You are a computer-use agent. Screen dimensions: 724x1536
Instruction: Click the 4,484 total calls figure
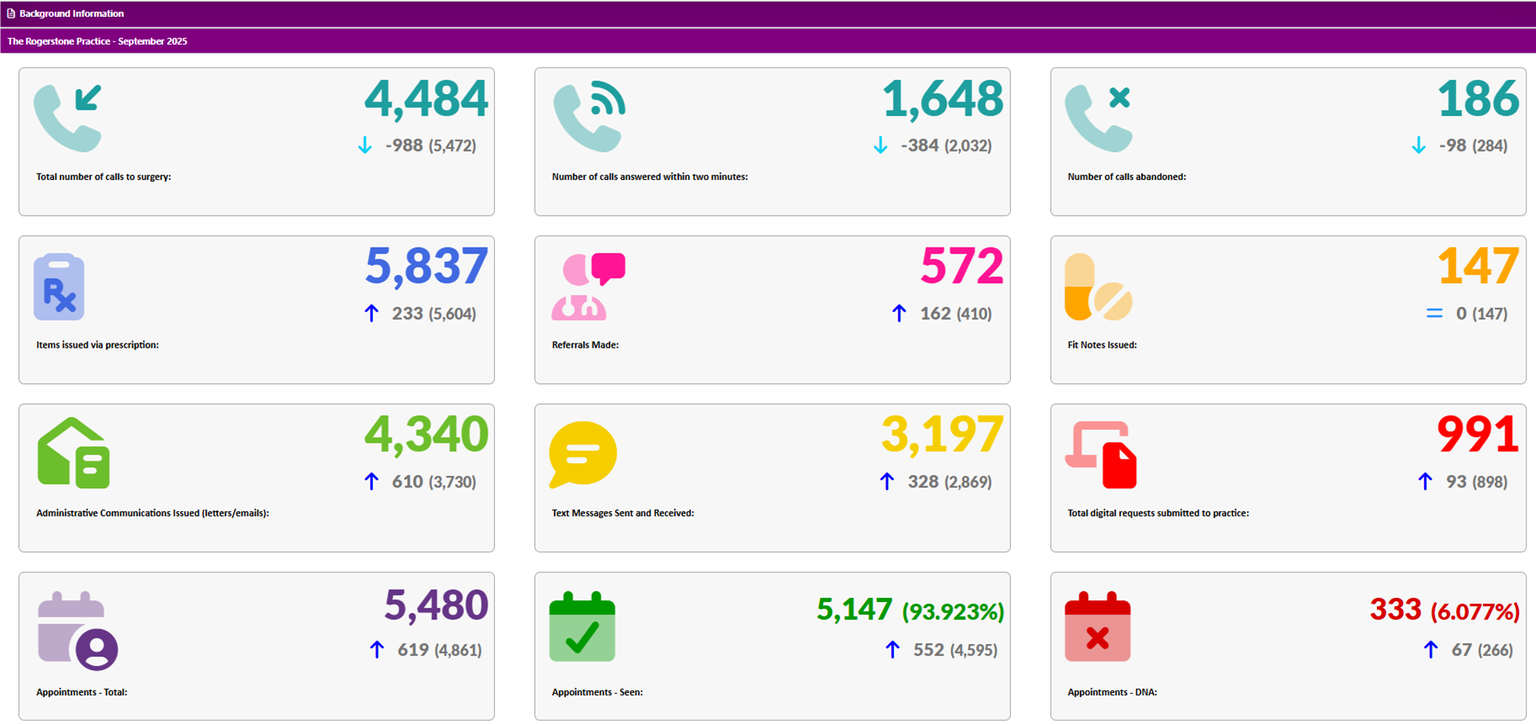(426, 99)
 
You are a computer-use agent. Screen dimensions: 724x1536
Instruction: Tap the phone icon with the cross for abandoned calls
(1098, 118)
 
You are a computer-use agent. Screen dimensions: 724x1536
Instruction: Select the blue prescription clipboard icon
(59, 287)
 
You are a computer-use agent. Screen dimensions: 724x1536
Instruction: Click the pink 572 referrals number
(961, 267)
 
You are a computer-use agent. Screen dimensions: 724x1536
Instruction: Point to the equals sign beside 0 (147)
(1434, 313)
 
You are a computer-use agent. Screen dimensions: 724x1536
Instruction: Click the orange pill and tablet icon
(1098, 287)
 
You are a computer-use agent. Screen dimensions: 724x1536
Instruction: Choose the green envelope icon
(73, 454)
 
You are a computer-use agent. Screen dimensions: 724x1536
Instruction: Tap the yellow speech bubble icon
(582, 454)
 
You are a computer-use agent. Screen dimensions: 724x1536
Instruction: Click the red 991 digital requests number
(1477, 435)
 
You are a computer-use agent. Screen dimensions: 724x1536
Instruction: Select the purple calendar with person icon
(77, 631)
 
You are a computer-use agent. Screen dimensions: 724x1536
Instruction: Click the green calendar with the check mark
(582, 628)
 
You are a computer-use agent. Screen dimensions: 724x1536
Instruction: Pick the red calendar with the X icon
(1098, 628)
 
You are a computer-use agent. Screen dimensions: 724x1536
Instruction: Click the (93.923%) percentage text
(953, 612)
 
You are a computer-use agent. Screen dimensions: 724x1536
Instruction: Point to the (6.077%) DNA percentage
(1475, 612)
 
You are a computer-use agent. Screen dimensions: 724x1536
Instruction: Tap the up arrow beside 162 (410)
(899, 313)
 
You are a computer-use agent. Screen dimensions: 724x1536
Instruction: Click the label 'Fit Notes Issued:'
(1102, 345)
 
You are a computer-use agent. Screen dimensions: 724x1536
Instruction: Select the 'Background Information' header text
(72, 13)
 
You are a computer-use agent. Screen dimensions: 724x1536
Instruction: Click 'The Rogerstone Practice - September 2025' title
(98, 41)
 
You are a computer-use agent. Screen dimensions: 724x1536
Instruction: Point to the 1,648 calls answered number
(943, 99)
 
